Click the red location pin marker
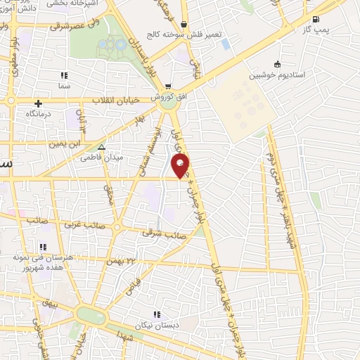point(181,167)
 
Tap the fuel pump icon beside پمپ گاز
point(314,20)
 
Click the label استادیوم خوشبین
point(279,74)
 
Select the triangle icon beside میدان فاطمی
point(102,148)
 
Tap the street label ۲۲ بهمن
point(120,262)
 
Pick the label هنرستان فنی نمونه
point(43,258)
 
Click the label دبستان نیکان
point(157,326)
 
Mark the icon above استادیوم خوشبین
point(277,63)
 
